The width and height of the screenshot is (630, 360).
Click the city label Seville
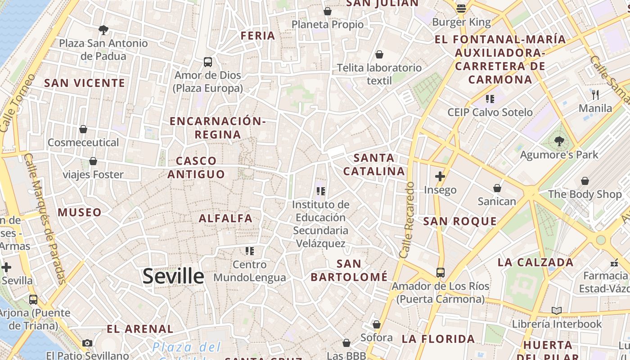[173, 276]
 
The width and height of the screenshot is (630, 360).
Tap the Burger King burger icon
[461, 8]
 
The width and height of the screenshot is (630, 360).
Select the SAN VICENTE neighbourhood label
[85, 83]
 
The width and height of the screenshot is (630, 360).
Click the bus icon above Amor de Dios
[208, 62]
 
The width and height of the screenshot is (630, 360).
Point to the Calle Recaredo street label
[406, 220]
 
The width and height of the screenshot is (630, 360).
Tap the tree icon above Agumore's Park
[559, 141]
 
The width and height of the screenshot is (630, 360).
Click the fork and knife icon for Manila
[595, 94]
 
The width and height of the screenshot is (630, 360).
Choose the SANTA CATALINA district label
[374, 164]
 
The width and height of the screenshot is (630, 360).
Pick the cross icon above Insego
[440, 176]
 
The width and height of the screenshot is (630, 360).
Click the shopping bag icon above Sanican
[497, 188]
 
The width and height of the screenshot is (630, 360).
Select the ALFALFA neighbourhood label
[226, 219]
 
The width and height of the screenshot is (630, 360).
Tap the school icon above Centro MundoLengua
[250, 251]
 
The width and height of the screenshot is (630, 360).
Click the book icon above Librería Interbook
[557, 310]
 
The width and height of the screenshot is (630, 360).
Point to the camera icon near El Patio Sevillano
[87, 343]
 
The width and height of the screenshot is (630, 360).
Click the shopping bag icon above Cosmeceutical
[83, 130]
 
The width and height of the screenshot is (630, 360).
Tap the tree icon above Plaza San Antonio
[103, 30]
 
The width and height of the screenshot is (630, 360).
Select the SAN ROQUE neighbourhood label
[460, 221]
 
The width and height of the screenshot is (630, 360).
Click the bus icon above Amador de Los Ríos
[440, 272]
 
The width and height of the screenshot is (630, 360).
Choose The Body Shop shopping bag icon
[585, 181]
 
